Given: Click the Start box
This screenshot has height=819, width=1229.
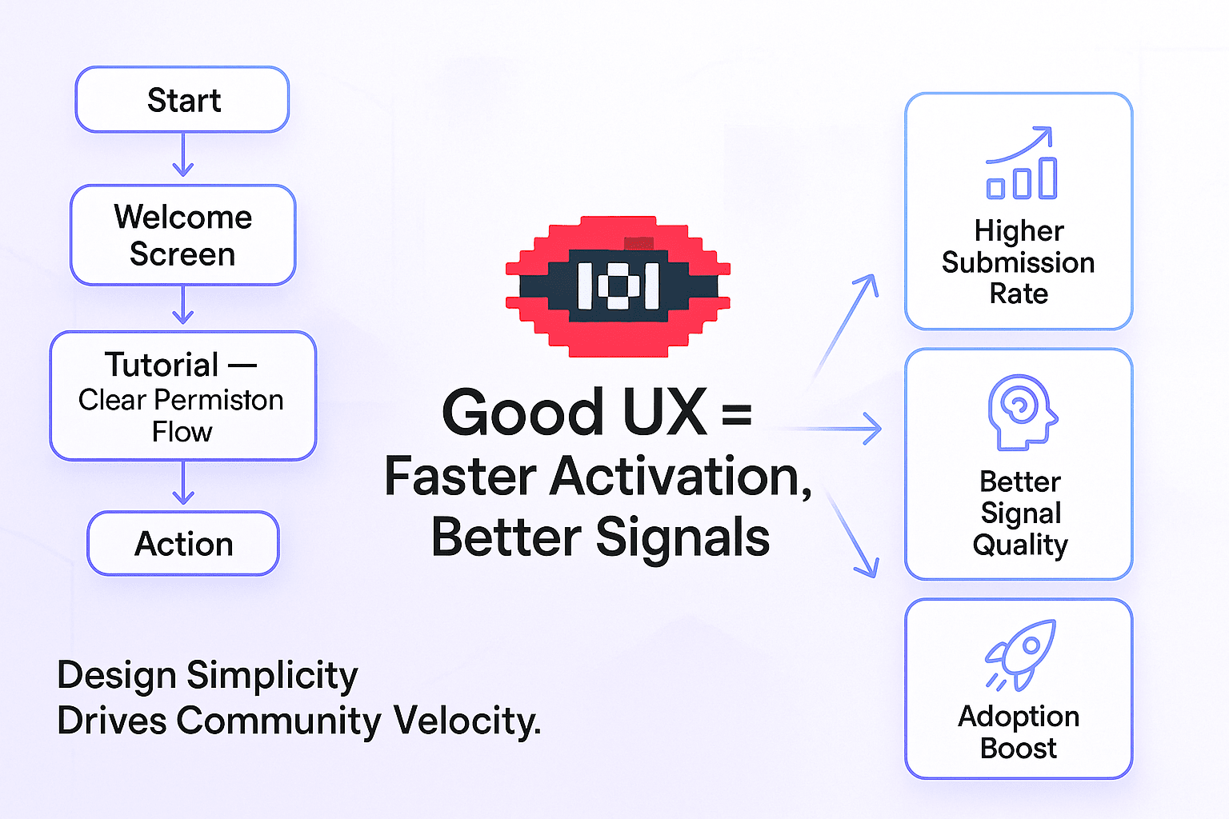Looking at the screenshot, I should (182, 100).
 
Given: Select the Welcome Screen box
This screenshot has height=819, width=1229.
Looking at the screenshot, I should (182, 235).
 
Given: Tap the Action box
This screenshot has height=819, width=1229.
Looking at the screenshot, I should (183, 544).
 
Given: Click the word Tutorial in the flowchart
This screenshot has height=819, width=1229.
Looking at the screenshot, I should (162, 365).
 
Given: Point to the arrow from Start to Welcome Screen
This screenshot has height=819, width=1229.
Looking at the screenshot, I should (183, 154).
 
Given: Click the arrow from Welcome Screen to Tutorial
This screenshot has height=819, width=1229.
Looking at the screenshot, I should (183, 305).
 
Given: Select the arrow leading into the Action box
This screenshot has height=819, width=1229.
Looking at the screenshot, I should (183, 484).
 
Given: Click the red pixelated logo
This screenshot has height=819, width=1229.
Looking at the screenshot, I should (618, 286).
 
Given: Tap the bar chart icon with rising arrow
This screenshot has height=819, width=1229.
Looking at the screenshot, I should (1021, 163).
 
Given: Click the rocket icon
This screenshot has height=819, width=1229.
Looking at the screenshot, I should (1021, 654).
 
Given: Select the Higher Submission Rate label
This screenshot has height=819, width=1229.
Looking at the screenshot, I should (1019, 262).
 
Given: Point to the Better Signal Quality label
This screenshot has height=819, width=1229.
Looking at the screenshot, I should (1020, 513).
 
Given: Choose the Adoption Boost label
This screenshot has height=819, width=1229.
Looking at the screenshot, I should (1019, 732).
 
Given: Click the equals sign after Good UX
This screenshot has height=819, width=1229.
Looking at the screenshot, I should (736, 414).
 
